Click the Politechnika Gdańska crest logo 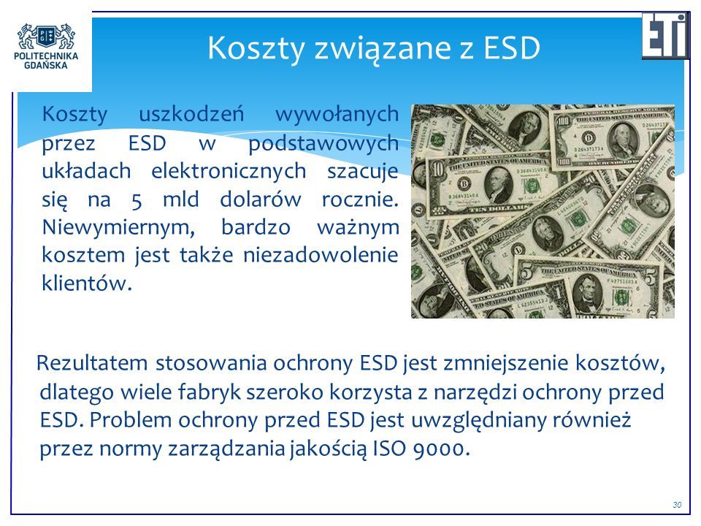pyautogui.click(x=46, y=37)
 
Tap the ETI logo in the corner pyautogui.click(x=666, y=35)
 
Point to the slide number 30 pyautogui.click(x=677, y=505)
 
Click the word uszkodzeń pyautogui.click(x=192, y=114)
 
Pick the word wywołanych pyautogui.click(x=337, y=115)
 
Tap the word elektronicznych pyautogui.click(x=229, y=171)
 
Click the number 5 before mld pyautogui.click(x=137, y=200)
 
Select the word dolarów pyautogui.click(x=260, y=199)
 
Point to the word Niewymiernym pyautogui.click(x=118, y=228)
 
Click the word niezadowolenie pyautogui.click(x=321, y=256)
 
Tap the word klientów pyautogui.click(x=87, y=283)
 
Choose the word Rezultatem pyautogui.click(x=92, y=363)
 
